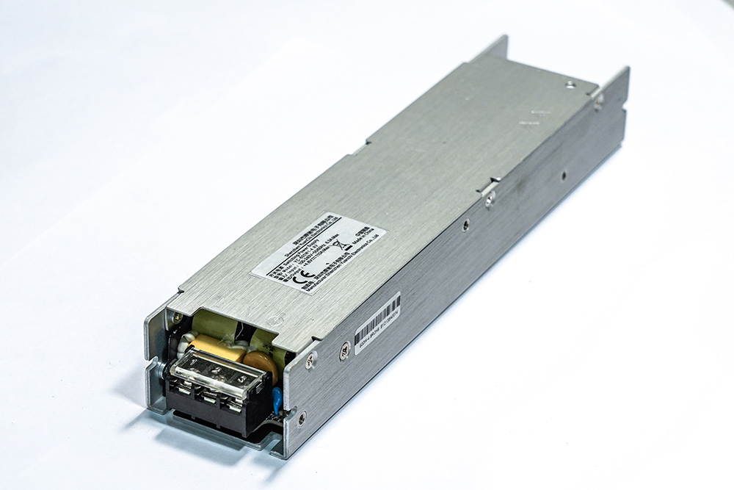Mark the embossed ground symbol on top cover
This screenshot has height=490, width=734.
click(273, 320)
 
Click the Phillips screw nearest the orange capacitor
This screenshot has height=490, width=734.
click(311, 359)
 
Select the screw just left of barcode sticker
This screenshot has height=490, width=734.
click(344, 352)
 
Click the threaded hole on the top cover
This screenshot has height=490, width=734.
click(570, 84)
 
